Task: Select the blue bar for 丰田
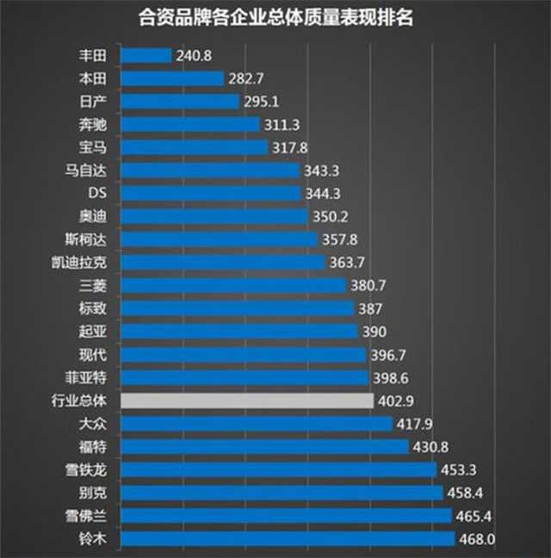click(x=146, y=55)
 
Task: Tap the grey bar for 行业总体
click(x=247, y=400)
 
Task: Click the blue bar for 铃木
click(x=288, y=539)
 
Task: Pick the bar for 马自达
click(x=210, y=170)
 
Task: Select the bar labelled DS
click(x=211, y=193)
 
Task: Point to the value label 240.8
click(x=194, y=55)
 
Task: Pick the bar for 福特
click(x=264, y=447)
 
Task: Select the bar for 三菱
click(x=233, y=285)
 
